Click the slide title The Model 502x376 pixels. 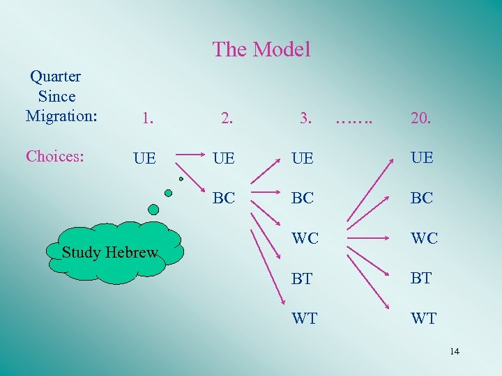pos(261,49)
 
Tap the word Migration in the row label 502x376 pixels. pos(61,116)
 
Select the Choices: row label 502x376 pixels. pos(55,156)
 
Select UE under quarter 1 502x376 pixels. pos(144,158)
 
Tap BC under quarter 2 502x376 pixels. pos(224,198)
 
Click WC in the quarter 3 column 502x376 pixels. pos(305,238)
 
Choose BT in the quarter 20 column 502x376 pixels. pos(422,279)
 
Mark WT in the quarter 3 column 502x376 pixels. pos(305,318)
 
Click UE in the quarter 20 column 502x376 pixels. pos(422,158)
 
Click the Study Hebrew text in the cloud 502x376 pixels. pos(109,253)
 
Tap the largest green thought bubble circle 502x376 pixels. pos(153,209)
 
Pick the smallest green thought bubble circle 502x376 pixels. pos(181,179)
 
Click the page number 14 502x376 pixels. pos(454,351)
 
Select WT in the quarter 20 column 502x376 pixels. pos(423,318)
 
